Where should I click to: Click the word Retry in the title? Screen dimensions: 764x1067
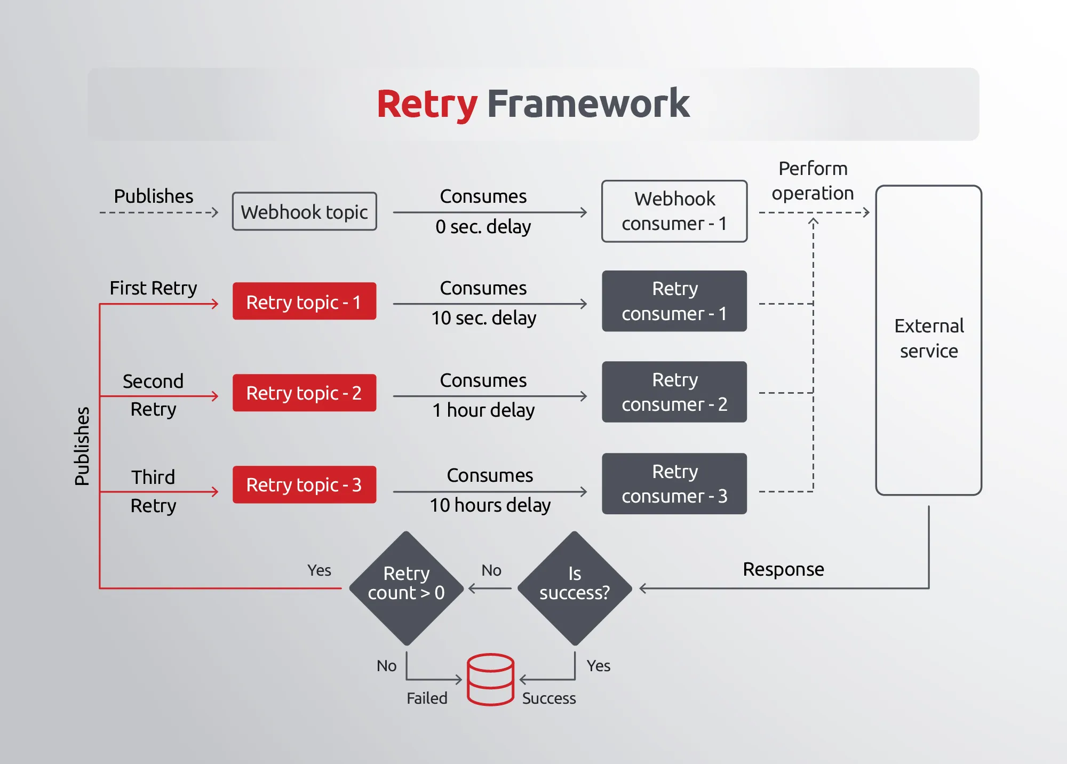(427, 104)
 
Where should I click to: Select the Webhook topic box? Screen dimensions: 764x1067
(304, 212)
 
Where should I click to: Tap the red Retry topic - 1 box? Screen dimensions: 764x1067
(304, 301)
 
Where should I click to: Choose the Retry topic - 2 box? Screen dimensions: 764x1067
(304, 393)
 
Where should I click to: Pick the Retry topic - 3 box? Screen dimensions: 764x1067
(304, 484)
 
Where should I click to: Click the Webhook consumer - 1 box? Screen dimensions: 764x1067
(674, 211)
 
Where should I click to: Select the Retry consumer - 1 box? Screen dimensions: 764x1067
(674, 301)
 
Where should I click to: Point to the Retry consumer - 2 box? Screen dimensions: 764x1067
(674, 392)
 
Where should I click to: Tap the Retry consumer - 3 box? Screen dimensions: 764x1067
(674, 484)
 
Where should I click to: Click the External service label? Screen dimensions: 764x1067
(929, 338)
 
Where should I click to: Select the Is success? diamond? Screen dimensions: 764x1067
(575, 588)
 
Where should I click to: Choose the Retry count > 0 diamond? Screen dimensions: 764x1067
(407, 588)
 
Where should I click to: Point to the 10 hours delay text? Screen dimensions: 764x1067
(490, 505)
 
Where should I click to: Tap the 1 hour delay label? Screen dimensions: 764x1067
(483, 410)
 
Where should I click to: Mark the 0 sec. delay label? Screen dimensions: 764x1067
(483, 227)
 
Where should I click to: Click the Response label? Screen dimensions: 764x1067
(783, 569)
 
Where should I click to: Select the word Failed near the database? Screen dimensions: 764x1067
(427, 698)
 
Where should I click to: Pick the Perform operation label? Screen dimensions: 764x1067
(813, 181)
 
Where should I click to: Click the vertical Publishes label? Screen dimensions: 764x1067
(82, 446)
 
